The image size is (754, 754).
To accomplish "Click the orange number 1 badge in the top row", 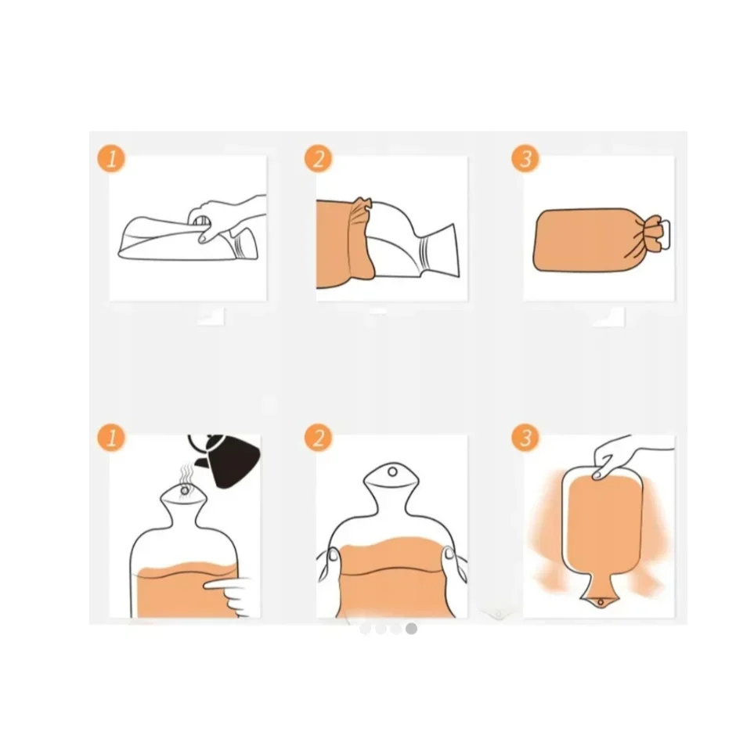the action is [111, 159].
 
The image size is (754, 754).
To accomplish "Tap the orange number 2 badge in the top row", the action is [319, 159].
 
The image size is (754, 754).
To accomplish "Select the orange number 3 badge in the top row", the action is [525, 159].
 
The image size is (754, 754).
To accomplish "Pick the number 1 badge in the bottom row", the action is [111, 438].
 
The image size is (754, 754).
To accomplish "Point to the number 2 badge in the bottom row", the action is [319, 438].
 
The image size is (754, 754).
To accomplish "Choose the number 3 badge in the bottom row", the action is [525, 438].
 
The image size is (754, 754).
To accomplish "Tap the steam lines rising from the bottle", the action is [186, 476].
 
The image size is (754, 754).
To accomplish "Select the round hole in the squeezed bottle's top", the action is [392, 471].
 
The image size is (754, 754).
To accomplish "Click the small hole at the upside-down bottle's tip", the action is [601, 602].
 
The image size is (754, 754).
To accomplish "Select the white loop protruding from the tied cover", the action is [665, 235].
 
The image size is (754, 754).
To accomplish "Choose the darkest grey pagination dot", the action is [411, 629].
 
